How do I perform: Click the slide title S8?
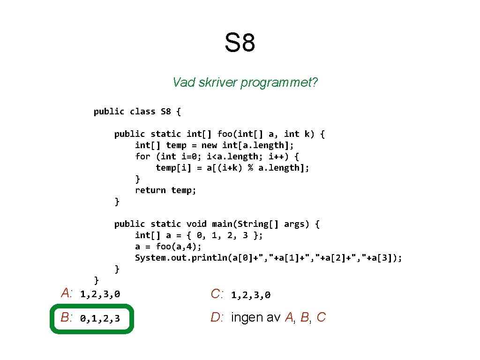click(x=240, y=43)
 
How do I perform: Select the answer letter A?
click(x=67, y=293)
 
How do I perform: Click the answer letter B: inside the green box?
click(x=67, y=318)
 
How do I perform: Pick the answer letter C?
click(x=217, y=294)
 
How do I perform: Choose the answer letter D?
click(x=217, y=318)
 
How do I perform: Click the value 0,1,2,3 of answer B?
click(x=100, y=319)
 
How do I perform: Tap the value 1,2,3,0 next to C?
click(x=251, y=295)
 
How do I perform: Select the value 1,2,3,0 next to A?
click(x=100, y=294)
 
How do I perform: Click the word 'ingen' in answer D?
click(x=247, y=318)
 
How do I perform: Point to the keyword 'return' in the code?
click(x=150, y=190)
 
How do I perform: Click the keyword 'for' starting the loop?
click(x=142, y=157)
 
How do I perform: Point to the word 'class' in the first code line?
click(x=142, y=112)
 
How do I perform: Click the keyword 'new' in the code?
click(x=209, y=145)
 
